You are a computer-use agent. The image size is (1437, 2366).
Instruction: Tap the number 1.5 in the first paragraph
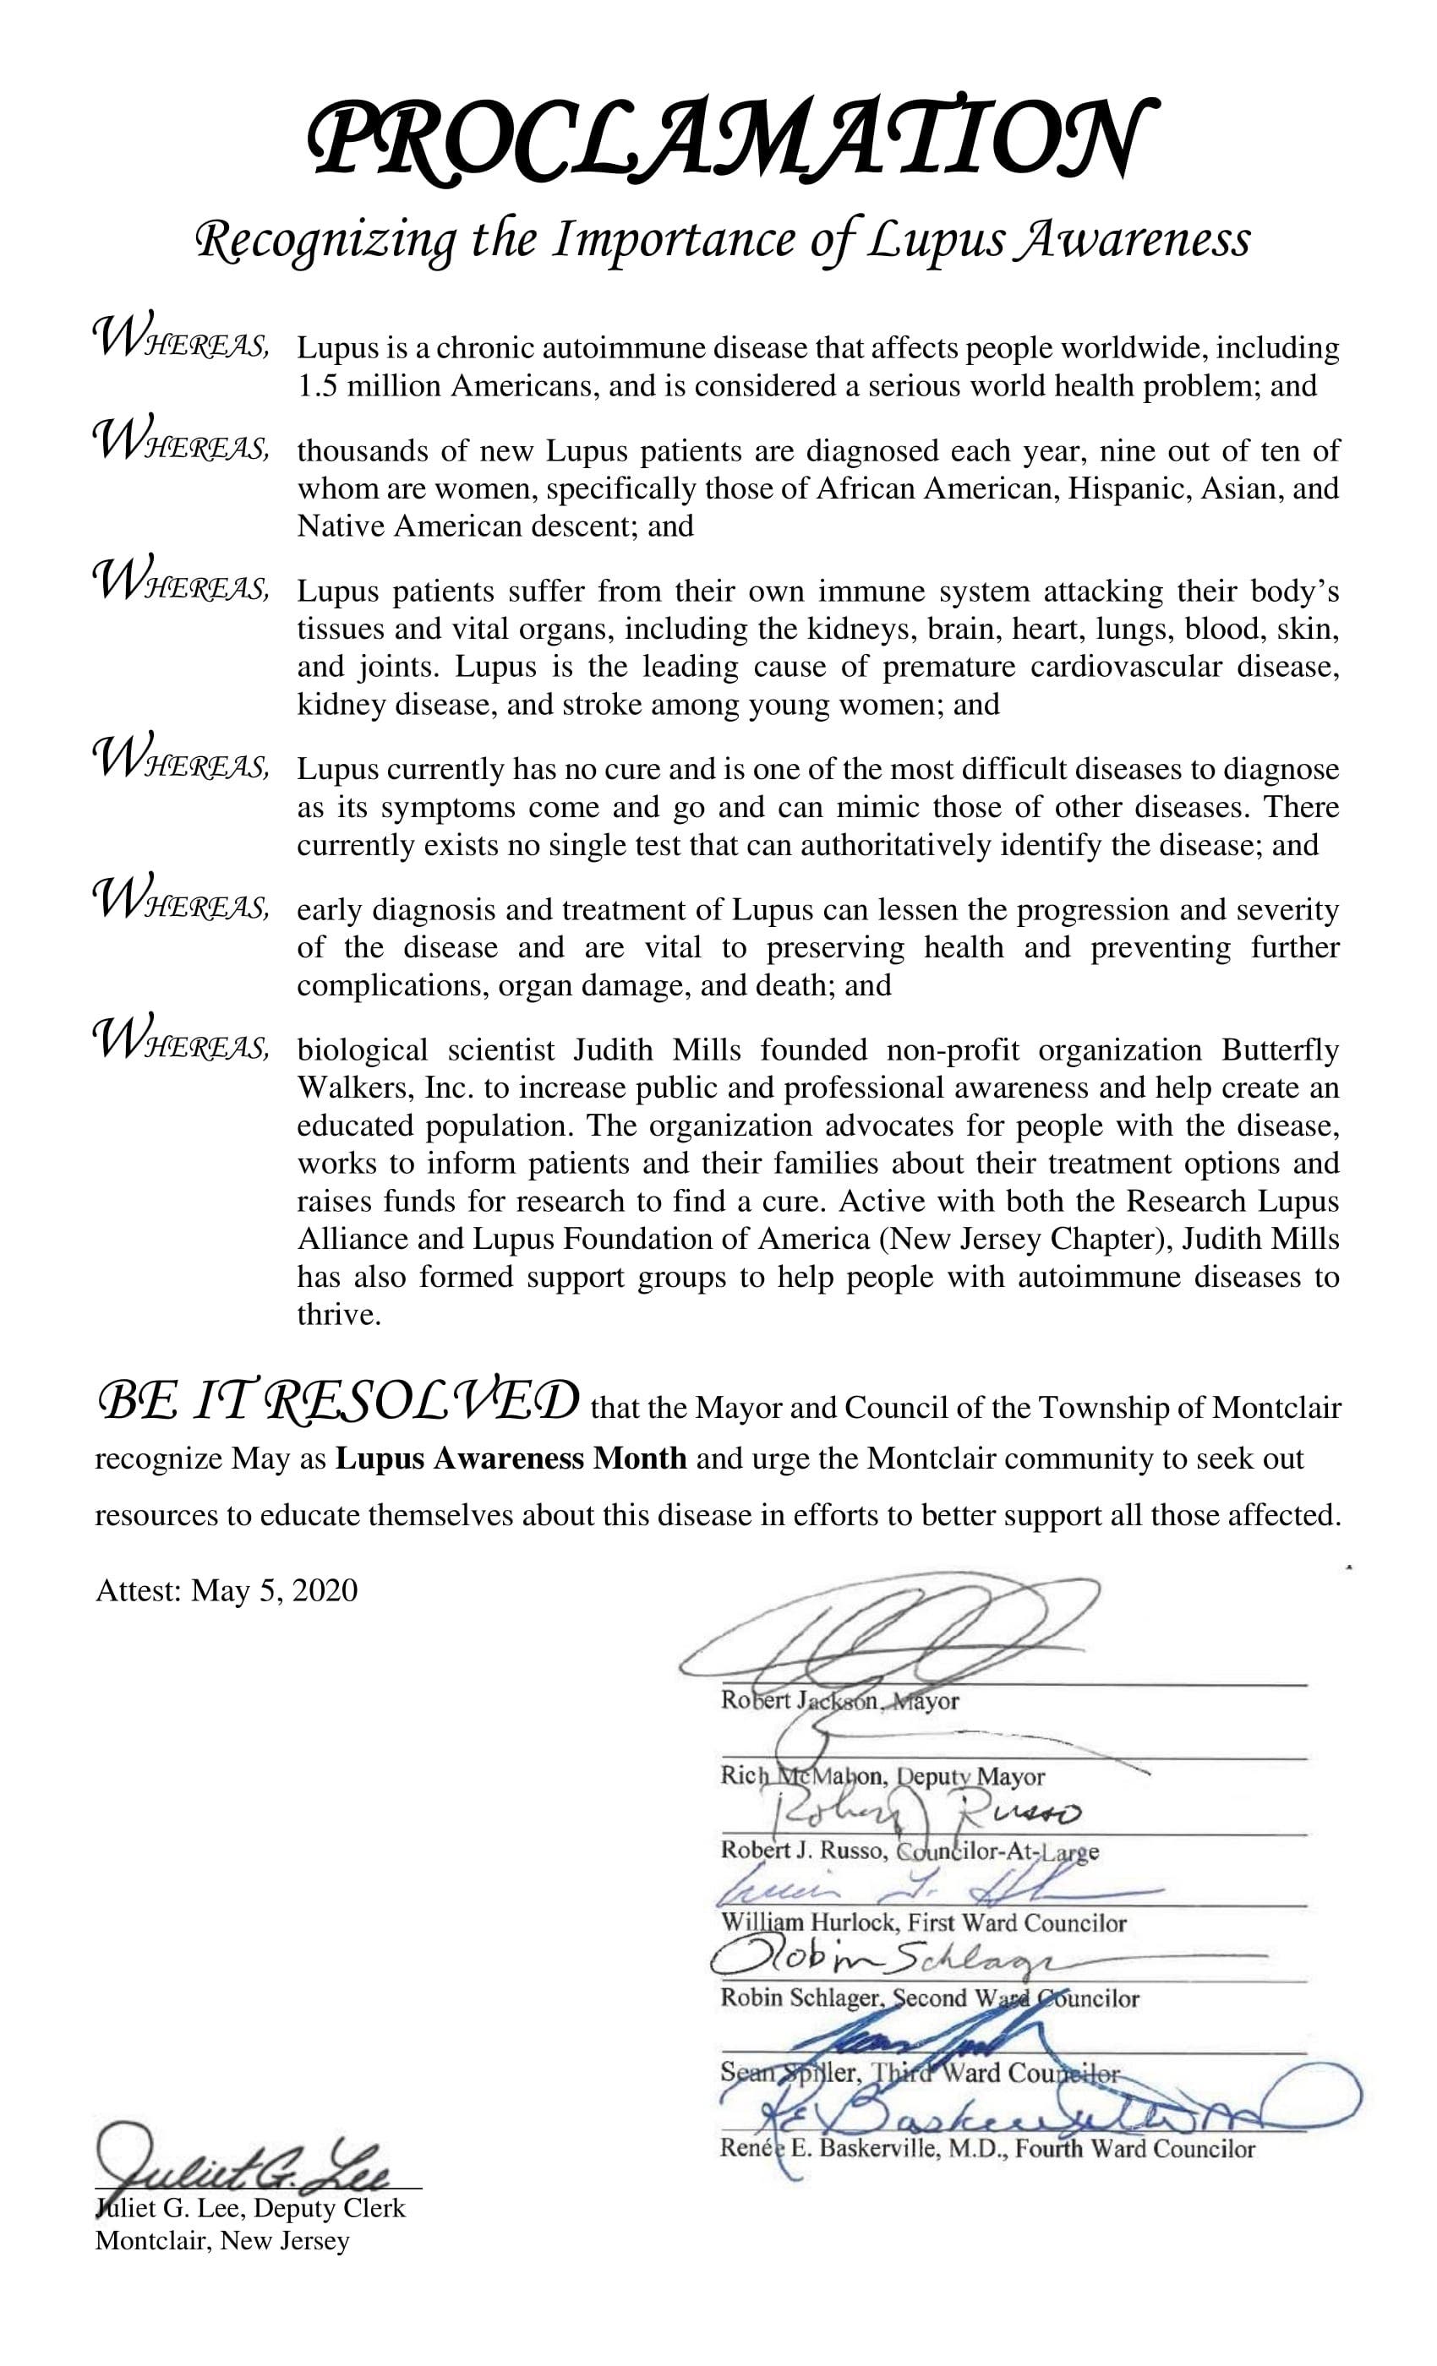pyautogui.click(x=317, y=386)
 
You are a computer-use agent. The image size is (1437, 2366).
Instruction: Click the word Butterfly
pyautogui.click(x=1280, y=1049)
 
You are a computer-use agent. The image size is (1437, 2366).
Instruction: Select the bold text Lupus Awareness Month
pyautogui.click(x=511, y=1458)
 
